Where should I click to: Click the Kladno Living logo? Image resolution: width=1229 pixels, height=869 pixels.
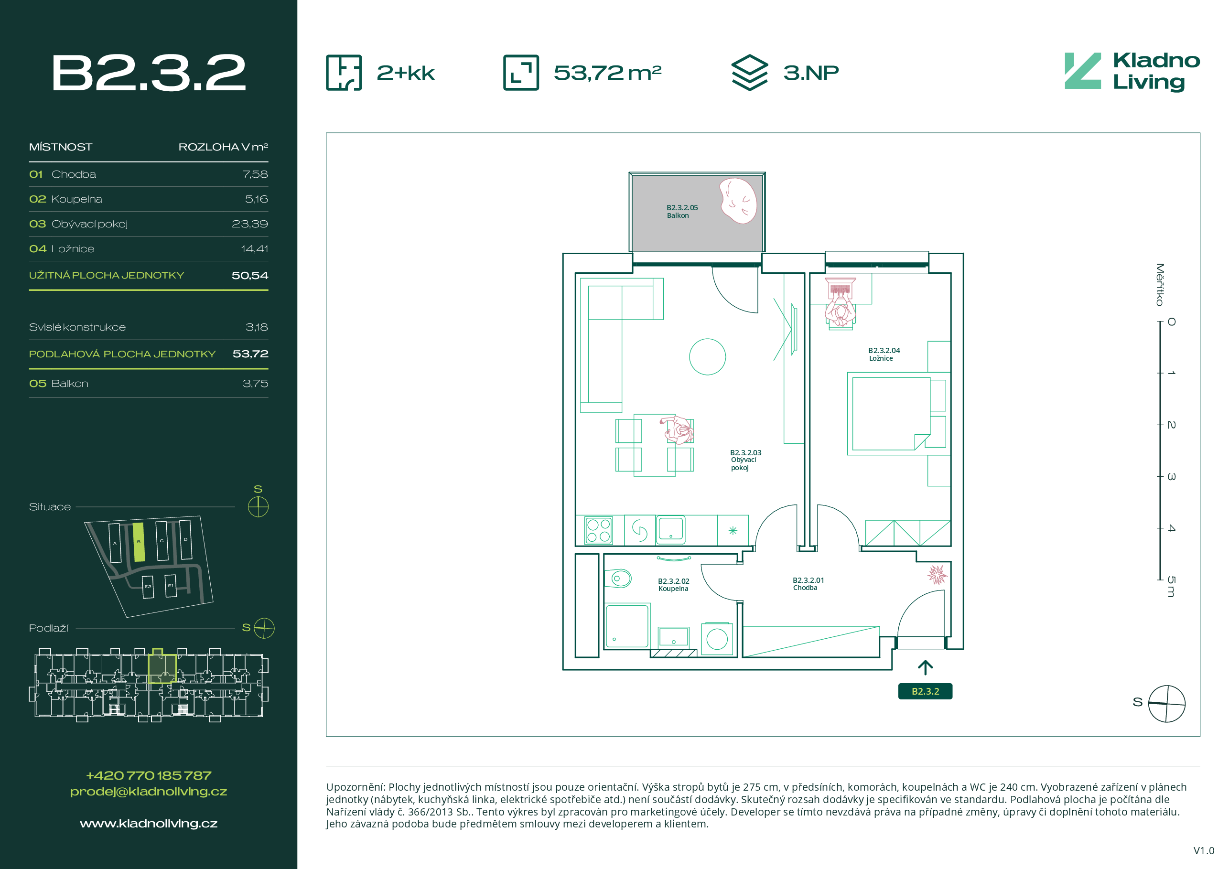point(1132,72)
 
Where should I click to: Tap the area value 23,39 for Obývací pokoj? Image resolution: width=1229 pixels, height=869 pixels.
point(249,224)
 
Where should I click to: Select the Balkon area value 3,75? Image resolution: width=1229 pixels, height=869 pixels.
point(255,384)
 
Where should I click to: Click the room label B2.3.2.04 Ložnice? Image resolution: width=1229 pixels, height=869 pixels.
point(884,354)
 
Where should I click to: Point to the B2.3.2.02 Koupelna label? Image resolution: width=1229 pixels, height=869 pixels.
point(673,585)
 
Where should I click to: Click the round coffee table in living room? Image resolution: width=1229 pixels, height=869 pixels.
point(707,357)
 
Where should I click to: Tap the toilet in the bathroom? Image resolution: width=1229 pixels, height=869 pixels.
point(618,578)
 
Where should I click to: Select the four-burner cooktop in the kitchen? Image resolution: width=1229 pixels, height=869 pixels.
point(598,530)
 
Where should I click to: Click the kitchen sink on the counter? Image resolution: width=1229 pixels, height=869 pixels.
point(671,529)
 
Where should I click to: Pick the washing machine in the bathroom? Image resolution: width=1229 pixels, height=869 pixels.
point(717,638)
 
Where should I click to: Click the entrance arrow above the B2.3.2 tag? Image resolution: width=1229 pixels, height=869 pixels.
point(925,667)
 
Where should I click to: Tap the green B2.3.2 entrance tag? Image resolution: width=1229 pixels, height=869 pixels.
point(925,691)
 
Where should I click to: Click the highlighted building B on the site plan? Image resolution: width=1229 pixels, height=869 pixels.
point(139,542)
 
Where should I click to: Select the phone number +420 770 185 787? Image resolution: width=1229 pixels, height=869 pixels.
point(148,775)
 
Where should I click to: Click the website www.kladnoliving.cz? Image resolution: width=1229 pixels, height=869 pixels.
point(148,824)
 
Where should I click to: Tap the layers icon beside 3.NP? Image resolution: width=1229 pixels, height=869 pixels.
point(749,73)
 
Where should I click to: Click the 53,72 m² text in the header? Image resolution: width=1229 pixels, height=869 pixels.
point(607,73)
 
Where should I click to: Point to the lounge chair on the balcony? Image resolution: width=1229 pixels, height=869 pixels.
point(738,201)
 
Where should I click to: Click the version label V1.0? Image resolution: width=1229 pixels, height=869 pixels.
point(1204,851)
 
